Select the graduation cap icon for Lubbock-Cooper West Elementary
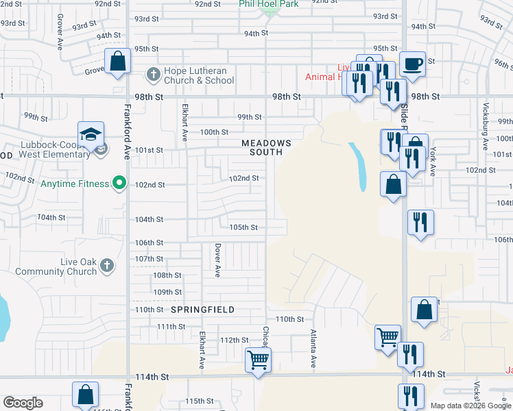tap(90, 135)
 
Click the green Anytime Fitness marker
tap(119, 183)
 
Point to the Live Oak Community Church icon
tap(106, 265)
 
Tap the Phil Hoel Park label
tap(268, 4)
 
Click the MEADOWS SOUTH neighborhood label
tap(266, 147)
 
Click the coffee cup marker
tap(412, 63)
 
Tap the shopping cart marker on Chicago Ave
tap(258, 358)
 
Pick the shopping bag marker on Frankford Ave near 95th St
tap(118, 61)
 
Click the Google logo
tap(23, 403)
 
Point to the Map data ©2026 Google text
tap(470, 406)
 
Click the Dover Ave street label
tap(217, 260)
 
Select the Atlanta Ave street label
tap(313, 348)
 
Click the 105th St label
tap(243, 227)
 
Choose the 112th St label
tap(234, 340)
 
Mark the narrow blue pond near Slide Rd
tap(357, 166)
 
